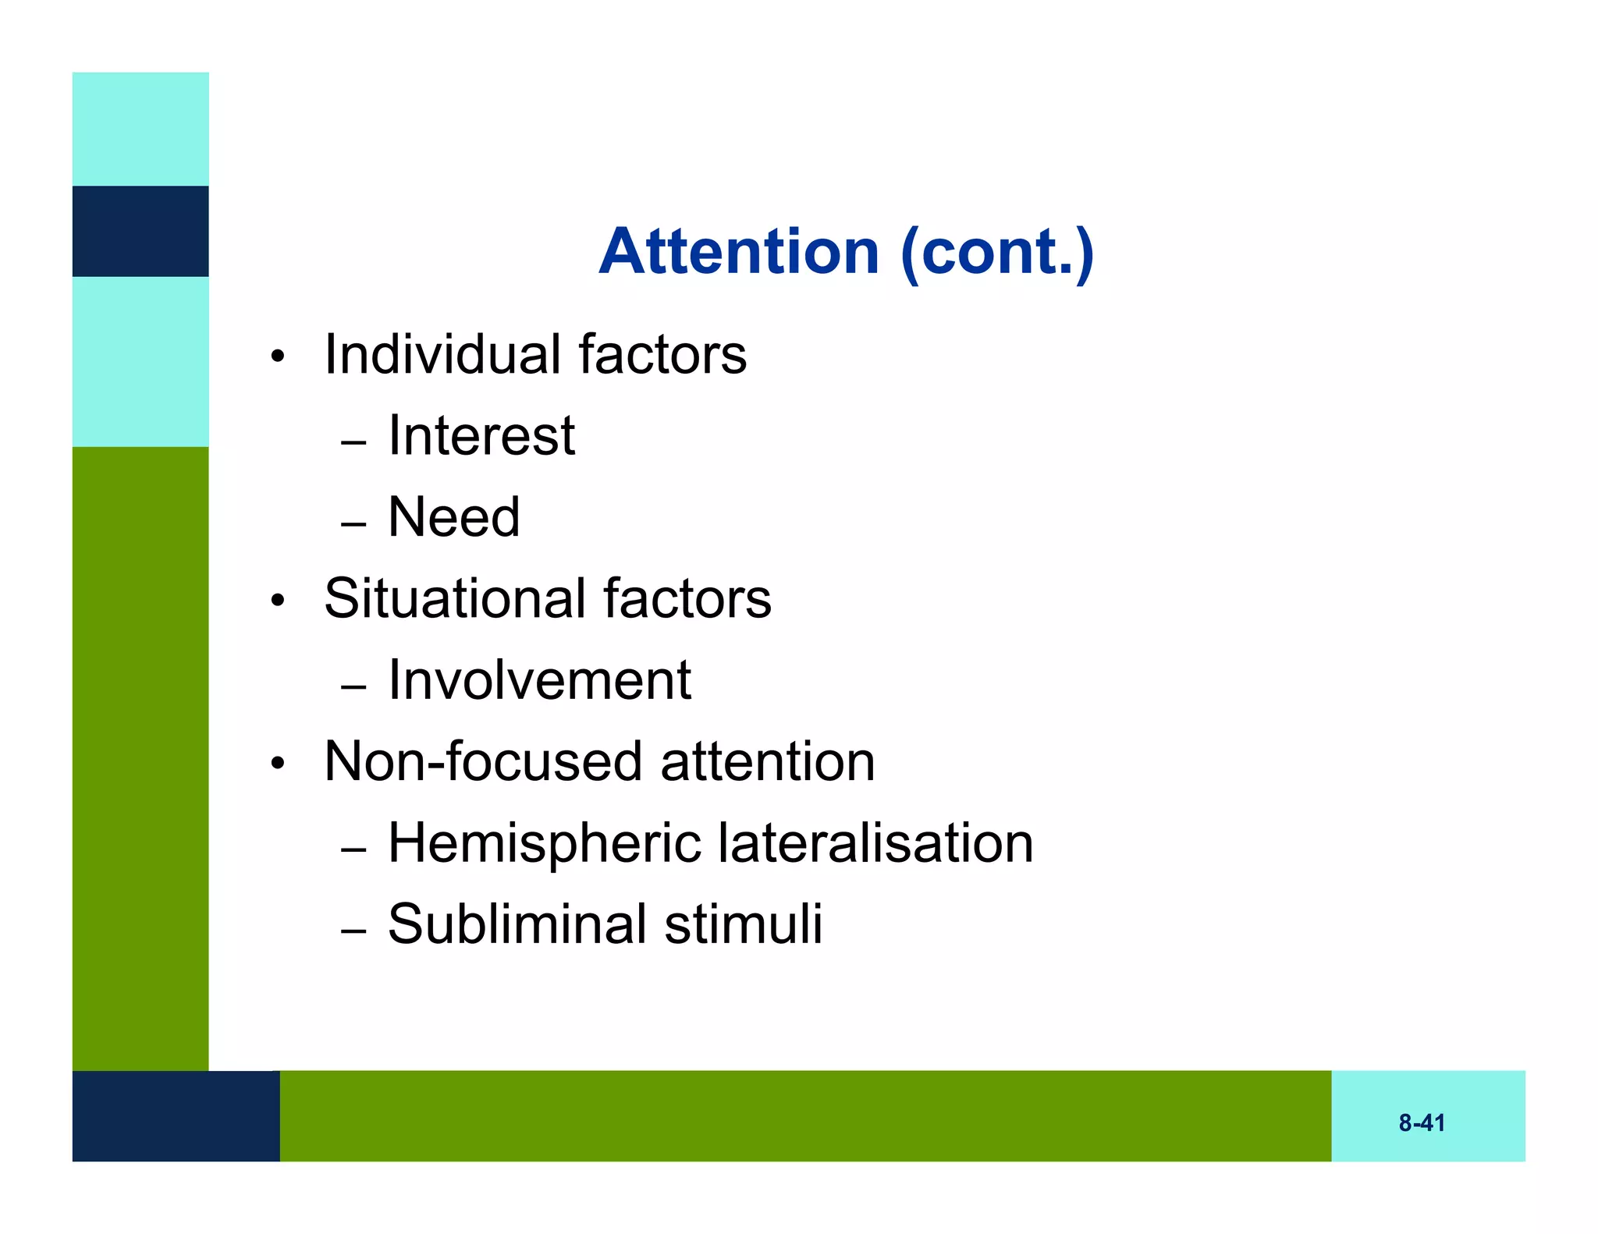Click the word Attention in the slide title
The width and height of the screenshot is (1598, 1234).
(739, 251)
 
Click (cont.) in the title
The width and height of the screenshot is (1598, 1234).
(997, 253)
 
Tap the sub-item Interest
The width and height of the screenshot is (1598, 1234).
(481, 435)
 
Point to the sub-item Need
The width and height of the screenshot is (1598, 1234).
(453, 517)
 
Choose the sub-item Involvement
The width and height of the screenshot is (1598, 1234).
(539, 680)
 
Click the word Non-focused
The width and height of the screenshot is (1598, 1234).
(483, 761)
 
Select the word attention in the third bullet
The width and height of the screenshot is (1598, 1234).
(768, 761)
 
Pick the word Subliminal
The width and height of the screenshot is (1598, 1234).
(517, 924)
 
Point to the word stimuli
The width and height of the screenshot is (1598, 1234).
(744, 924)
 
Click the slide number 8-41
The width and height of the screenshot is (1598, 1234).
(1422, 1123)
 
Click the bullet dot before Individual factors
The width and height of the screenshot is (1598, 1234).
(278, 358)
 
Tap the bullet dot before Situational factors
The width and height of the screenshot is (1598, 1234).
(278, 601)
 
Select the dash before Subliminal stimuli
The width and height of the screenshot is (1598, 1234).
(353, 931)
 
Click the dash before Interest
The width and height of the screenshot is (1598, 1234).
(353, 443)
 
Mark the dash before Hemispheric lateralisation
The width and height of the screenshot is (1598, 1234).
(353, 850)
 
